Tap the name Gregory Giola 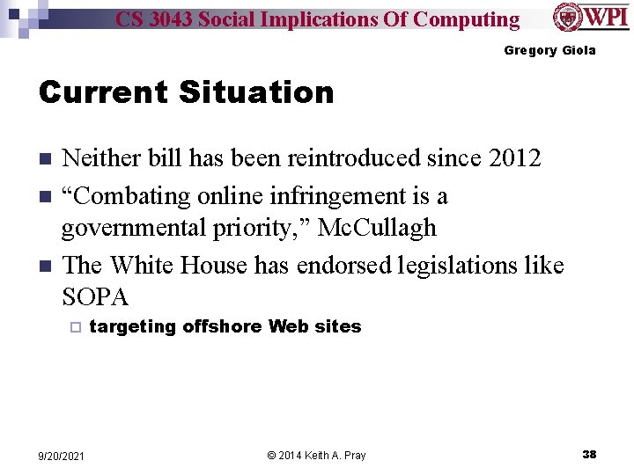[x=549, y=50]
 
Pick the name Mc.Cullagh [x=377, y=228]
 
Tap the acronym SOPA [x=95, y=296]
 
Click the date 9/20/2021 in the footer [x=63, y=455]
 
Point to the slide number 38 [x=589, y=454]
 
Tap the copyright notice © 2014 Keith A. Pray [x=316, y=455]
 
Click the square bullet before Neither [x=45, y=159]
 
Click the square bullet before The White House [x=45, y=264]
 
